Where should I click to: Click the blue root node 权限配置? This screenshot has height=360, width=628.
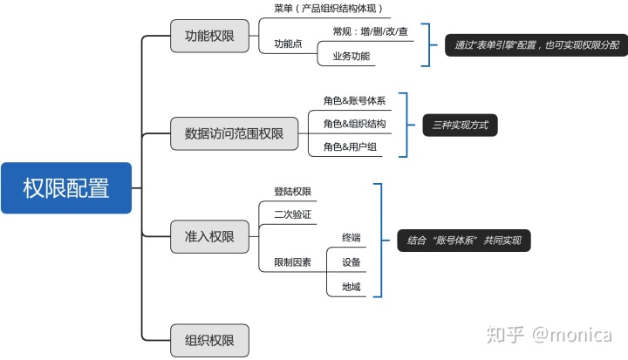pyautogui.click(x=66, y=188)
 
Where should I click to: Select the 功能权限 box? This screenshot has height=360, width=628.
pyautogui.click(x=209, y=37)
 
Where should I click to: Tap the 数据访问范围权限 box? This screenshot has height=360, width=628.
pyautogui.click(x=234, y=134)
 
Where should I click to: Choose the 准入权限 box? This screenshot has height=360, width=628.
pyautogui.click(x=209, y=237)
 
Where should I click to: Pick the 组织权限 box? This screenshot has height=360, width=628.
pyautogui.click(x=209, y=340)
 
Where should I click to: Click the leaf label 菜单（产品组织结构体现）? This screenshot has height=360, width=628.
pyautogui.click(x=328, y=9)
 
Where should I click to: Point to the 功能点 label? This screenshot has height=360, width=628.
pyautogui.click(x=288, y=44)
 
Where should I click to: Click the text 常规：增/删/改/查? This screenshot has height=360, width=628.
pyautogui.click(x=370, y=31)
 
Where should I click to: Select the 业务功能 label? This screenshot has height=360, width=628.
pyautogui.click(x=351, y=57)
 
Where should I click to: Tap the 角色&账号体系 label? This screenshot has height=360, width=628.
pyautogui.click(x=354, y=101)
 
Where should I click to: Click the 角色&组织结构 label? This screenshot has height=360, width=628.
pyautogui.click(x=354, y=124)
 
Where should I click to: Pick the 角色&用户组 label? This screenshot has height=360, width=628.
pyautogui.click(x=350, y=146)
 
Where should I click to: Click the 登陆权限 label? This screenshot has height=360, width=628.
pyautogui.click(x=292, y=192)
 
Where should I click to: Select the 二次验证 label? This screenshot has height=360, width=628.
pyautogui.click(x=292, y=214)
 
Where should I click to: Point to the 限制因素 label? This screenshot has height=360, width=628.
pyautogui.click(x=292, y=262)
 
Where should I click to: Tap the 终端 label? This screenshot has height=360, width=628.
pyautogui.click(x=352, y=237)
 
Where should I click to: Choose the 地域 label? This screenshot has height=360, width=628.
pyautogui.click(x=352, y=286)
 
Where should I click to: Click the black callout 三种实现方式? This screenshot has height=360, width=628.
pyautogui.click(x=460, y=126)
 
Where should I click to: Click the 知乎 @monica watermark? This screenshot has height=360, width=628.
pyautogui.click(x=549, y=335)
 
